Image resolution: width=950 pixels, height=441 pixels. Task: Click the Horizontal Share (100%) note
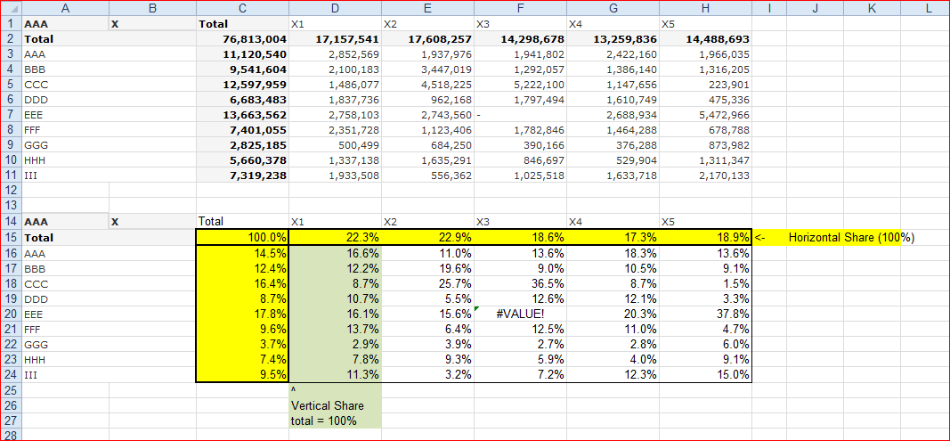(851, 238)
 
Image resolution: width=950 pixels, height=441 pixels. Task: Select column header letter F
(520, 8)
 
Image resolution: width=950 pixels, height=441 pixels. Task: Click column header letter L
(928, 8)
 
